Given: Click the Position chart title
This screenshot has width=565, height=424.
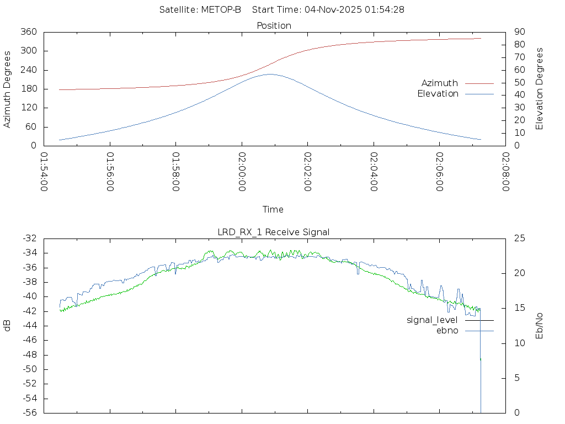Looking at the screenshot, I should [x=274, y=25].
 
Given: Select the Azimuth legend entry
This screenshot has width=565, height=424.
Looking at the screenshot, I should [x=440, y=83].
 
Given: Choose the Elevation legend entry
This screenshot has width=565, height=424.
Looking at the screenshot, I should [x=438, y=94].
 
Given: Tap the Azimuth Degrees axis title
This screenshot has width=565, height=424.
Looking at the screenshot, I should [x=8, y=89].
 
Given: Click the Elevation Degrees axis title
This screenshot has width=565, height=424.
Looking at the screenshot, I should [x=540, y=89].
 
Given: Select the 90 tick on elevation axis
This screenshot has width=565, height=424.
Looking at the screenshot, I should [x=518, y=32].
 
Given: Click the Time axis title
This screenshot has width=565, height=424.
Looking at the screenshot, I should [x=273, y=210].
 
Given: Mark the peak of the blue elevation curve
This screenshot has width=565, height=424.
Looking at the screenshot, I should [x=270, y=74].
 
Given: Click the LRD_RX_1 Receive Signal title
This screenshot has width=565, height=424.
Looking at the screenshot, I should [x=274, y=232].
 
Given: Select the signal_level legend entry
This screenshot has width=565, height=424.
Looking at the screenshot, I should [x=432, y=320].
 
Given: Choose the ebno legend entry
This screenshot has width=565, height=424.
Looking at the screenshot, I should [x=447, y=331].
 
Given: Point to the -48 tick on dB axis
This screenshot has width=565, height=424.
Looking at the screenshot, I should [x=29, y=355].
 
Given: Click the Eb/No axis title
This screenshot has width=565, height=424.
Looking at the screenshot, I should [x=540, y=326].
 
